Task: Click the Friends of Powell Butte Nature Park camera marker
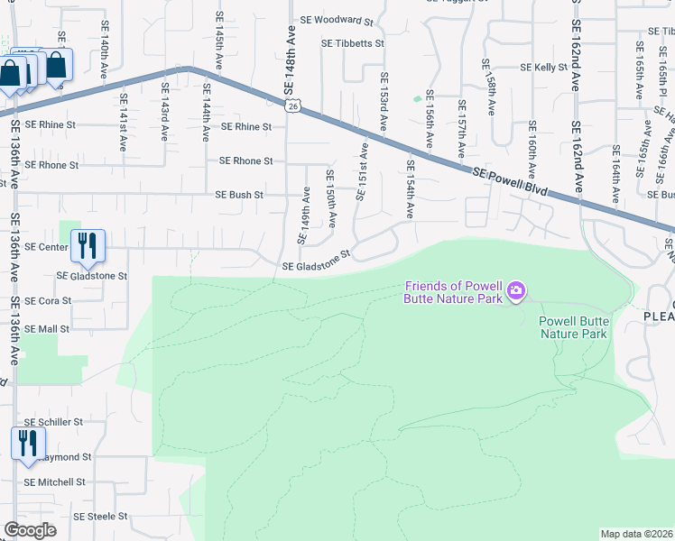(515, 290)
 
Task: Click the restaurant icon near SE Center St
(88, 245)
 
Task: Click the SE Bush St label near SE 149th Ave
(239, 194)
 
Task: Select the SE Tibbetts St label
(353, 43)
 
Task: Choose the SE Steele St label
(100, 517)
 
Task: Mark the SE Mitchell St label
(54, 482)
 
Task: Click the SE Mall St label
(47, 329)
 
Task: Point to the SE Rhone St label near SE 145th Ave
(246, 161)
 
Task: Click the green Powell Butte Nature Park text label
(573, 327)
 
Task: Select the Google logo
(30, 530)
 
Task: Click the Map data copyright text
(635, 534)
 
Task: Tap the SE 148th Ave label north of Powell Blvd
(291, 60)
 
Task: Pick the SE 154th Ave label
(410, 189)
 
